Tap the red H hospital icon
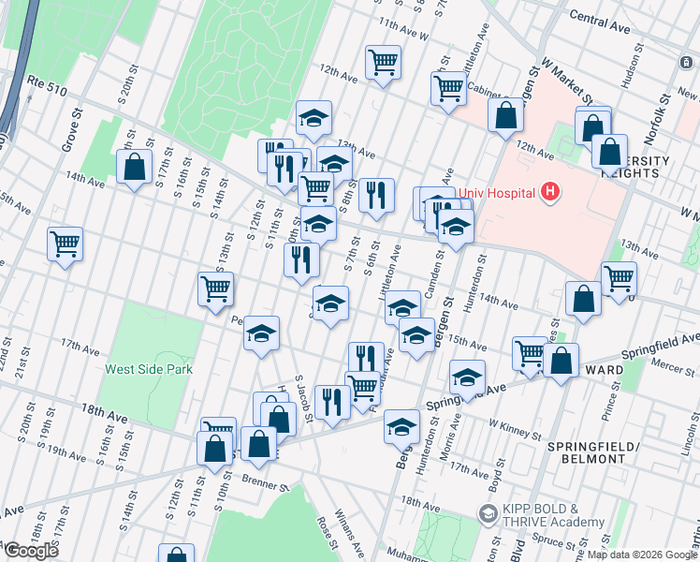tap(550, 194)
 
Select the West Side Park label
tap(149, 369)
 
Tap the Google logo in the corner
tap(30, 551)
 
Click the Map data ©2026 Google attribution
tap(642, 555)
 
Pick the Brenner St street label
tap(265, 486)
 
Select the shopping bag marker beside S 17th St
tap(135, 167)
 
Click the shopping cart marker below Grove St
tap(65, 244)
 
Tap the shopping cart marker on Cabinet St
tap(449, 88)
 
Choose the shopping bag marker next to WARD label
tap(561, 361)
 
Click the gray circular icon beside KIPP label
tap(487, 514)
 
